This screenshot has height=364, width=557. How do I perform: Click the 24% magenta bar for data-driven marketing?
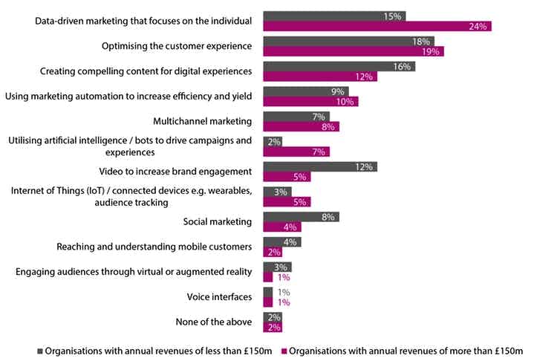click(x=377, y=27)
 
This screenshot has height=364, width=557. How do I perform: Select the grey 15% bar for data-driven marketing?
click(x=334, y=16)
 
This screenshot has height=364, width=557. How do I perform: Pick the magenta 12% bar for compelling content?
click(x=320, y=77)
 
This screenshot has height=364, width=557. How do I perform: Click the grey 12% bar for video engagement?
click(x=320, y=166)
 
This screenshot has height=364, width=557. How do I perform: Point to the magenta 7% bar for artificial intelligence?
click(x=296, y=152)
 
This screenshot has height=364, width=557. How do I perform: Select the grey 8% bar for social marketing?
click(x=301, y=217)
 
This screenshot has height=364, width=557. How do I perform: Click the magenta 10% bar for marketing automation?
click(x=310, y=102)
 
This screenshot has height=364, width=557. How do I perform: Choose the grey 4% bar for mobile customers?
click(x=282, y=241)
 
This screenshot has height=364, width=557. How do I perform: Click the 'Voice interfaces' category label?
click(x=219, y=297)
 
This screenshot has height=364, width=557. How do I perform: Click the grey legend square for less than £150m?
click(x=41, y=351)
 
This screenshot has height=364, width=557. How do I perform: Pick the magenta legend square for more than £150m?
click(x=282, y=351)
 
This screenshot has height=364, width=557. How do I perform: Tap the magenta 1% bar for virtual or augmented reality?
click(x=268, y=277)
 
